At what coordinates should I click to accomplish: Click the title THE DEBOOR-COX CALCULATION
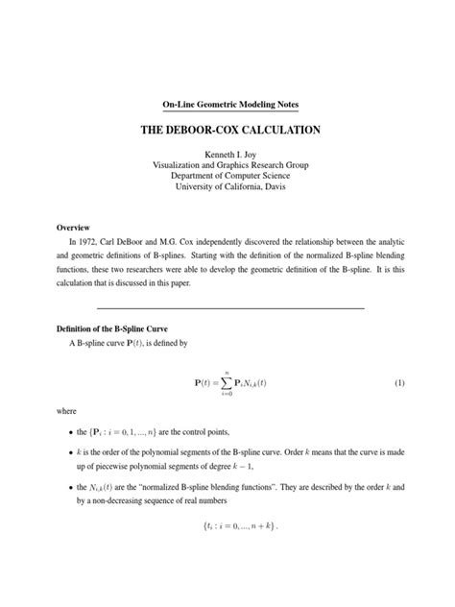pos(228,129)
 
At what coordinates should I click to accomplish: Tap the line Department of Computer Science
pos(228,175)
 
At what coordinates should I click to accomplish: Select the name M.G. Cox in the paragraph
pos(212,243)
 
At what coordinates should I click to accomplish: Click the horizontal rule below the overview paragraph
pos(228,308)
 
